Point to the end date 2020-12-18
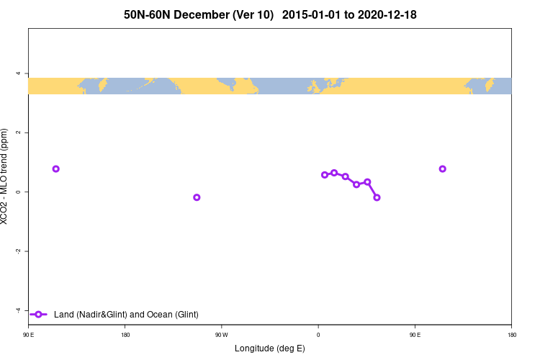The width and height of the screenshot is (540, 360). tap(384, 14)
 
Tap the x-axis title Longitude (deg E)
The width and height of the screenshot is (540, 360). tap(269, 348)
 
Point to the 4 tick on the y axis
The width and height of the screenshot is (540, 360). tap(19, 73)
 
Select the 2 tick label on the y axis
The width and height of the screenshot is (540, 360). tap(19, 132)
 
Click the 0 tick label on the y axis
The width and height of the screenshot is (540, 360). tap(19, 192)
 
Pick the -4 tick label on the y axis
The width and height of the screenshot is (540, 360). tap(18, 310)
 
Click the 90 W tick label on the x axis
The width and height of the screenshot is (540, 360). tap(221, 335)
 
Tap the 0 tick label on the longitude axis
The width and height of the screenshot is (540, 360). tap(318, 335)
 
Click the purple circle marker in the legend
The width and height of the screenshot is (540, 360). tap(40, 314)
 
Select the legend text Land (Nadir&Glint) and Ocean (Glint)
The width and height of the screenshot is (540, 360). tap(126, 314)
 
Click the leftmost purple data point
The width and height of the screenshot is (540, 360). tap(56, 168)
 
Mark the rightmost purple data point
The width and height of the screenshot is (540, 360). tap(442, 168)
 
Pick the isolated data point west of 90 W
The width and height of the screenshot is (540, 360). tap(197, 197)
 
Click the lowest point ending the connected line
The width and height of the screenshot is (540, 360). tap(377, 197)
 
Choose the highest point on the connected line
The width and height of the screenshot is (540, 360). tap(334, 173)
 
